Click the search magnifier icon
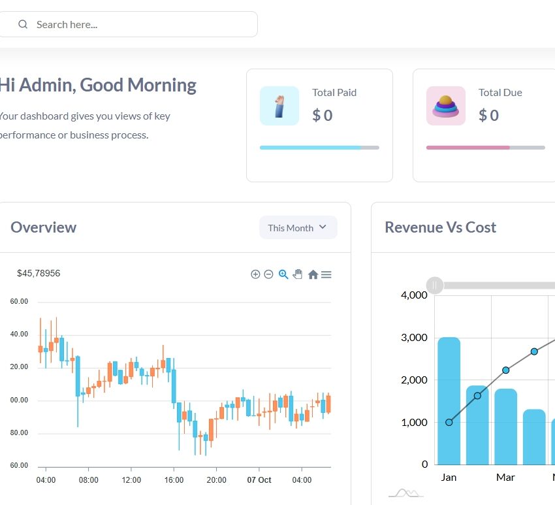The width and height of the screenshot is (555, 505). pos(23,25)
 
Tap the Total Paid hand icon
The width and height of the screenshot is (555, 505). pos(279,106)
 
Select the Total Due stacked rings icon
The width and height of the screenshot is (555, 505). pos(446,106)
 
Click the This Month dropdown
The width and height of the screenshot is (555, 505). pos(298,228)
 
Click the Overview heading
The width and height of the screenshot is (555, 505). pos(44,227)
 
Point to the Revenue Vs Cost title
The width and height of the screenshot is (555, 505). pos(441,227)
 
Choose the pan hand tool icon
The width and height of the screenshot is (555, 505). pos(298,274)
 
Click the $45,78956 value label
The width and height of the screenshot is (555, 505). pos(39,273)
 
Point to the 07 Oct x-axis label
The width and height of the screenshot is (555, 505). pos(259,480)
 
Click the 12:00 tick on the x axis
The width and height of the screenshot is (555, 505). pos(131,480)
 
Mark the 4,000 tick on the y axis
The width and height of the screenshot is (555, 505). pos(414,295)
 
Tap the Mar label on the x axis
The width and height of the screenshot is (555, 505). pos(505,478)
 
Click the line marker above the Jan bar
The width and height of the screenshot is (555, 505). pos(449,422)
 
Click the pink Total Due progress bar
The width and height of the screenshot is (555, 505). pos(468,148)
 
